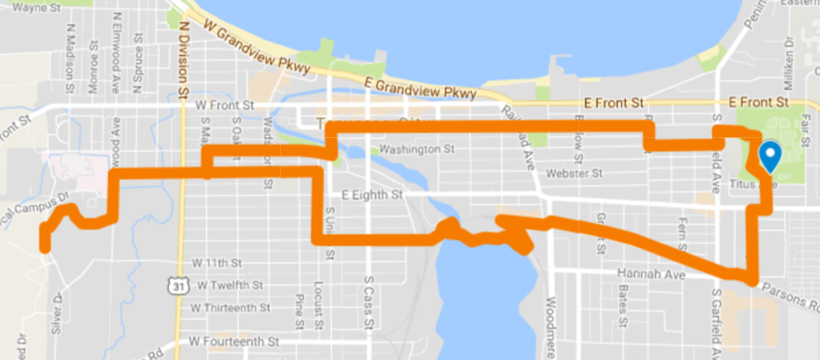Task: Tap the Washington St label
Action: (x=416, y=148)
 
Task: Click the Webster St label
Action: (x=577, y=173)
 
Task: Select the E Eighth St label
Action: (x=371, y=196)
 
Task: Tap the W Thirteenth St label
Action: (x=229, y=307)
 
